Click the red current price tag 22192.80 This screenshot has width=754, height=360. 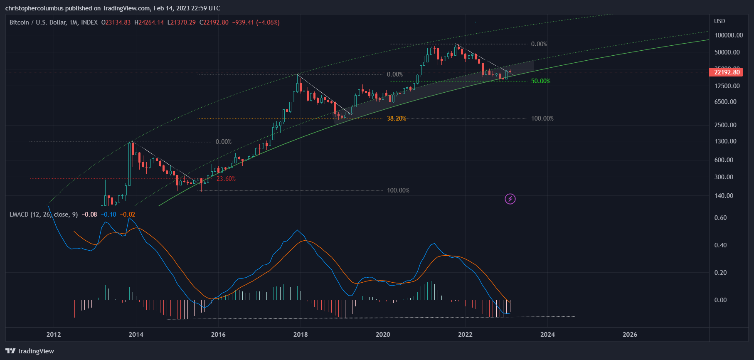[x=727, y=72]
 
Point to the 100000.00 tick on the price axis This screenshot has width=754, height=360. [x=728, y=35]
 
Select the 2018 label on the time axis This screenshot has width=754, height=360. [x=301, y=335]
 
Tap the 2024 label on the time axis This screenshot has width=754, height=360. [x=547, y=335]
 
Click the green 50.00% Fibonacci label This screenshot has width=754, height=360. [x=540, y=81]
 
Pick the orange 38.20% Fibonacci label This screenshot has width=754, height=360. [x=396, y=118]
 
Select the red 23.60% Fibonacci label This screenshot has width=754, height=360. [x=226, y=179]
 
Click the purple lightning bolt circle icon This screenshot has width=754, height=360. [x=510, y=199]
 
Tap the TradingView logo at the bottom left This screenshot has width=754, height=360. [x=30, y=351]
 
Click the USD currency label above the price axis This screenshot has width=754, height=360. [x=720, y=21]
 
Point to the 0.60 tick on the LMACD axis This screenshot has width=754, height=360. [x=720, y=218]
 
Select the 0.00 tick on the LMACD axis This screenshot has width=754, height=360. [x=720, y=300]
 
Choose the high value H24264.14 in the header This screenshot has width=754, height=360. [x=149, y=22]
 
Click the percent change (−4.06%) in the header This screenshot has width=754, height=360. [x=268, y=22]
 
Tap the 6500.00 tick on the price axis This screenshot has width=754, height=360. [x=725, y=102]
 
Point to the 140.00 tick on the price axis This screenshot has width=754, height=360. [x=724, y=196]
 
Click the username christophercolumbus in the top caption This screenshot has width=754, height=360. [x=34, y=8]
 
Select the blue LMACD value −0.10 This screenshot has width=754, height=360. [x=108, y=215]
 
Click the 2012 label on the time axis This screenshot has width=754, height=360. [x=54, y=335]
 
